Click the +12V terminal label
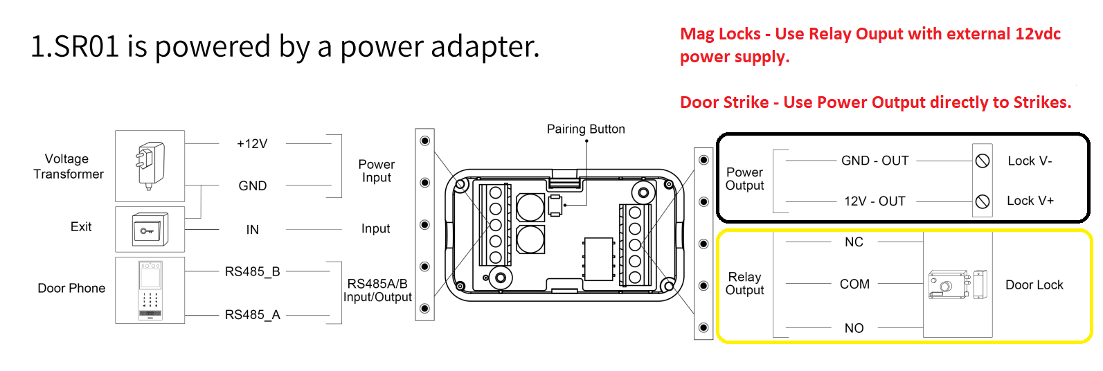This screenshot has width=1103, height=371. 252,144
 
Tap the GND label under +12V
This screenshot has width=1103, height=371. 252,186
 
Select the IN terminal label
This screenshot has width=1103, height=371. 252,230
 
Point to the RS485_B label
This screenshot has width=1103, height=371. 252,272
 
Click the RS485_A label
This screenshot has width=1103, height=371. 252,315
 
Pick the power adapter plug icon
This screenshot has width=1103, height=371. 150,165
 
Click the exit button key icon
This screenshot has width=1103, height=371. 150,230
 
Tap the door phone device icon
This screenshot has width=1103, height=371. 150,290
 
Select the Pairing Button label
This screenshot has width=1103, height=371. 586,129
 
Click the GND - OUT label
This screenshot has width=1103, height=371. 875,161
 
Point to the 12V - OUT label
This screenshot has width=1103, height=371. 875,201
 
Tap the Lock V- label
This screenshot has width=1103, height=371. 1030,161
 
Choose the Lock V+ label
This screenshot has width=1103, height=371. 1030,201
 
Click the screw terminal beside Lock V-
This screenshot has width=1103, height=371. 982,161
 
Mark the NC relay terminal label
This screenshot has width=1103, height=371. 854,242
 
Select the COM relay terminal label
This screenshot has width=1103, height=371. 854,284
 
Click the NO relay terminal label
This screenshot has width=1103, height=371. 854,328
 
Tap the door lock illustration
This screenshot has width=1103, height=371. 956,284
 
